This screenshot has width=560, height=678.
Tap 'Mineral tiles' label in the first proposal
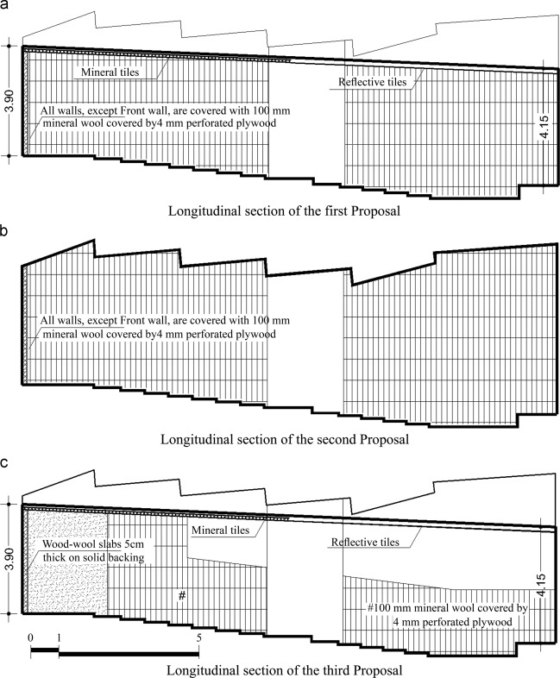coord(110,72)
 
